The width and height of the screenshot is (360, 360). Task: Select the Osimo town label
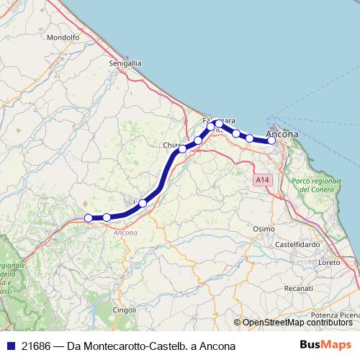click(x=264, y=228)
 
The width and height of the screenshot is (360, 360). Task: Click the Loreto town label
click(x=328, y=263)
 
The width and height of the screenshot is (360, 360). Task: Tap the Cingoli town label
click(x=124, y=310)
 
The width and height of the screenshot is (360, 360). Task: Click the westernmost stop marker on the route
click(x=88, y=217)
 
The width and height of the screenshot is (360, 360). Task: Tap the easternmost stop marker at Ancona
click(x=271, y=140)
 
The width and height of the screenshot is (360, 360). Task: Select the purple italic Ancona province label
click(x=126, y=233)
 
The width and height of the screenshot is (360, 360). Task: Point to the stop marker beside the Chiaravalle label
click(x=182, y=149)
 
